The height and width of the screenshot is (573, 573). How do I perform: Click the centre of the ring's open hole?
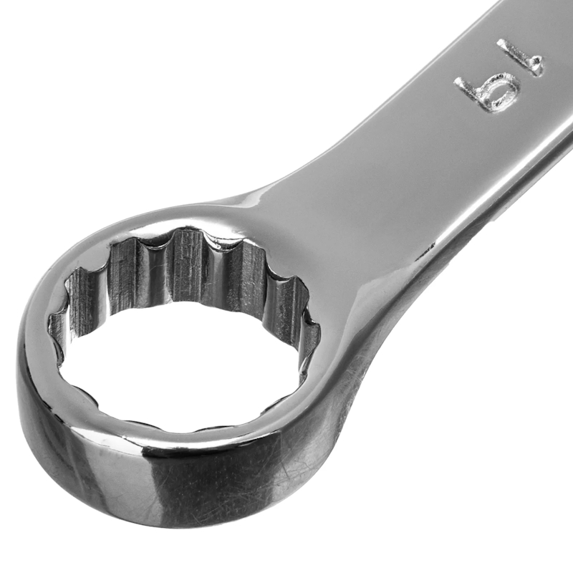click(183, 365)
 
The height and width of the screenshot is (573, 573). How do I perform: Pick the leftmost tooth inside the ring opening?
click(54, 322)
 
